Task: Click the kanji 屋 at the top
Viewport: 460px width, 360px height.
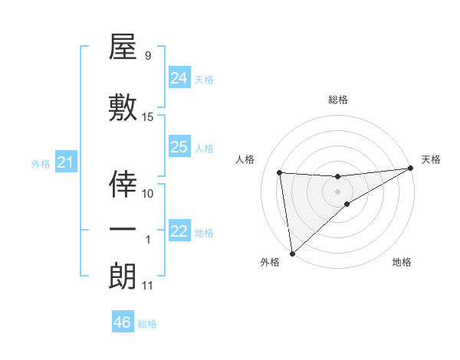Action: coord(123,49)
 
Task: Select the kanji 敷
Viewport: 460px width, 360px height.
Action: coord(123,107)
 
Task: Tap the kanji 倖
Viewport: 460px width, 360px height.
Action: coord(123,184)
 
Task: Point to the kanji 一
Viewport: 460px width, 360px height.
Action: coord(123,231)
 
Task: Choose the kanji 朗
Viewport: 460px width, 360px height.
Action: coord(123,277)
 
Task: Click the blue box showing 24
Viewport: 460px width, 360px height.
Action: coord(179,78)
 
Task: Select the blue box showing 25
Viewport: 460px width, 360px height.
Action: coord(179,148)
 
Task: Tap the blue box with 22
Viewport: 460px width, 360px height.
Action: coord(179,231)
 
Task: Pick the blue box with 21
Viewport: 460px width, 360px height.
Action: coord(65,162)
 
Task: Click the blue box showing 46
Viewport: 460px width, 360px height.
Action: coord(122,322)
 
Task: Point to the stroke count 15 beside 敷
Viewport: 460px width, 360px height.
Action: coord(148,117)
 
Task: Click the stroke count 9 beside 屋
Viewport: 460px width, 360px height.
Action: coord(148,55)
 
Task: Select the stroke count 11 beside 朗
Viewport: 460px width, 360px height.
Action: coord(148,286)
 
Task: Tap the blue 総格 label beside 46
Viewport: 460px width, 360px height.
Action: coord(147,324)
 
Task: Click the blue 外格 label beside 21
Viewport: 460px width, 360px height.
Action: coord(41,163)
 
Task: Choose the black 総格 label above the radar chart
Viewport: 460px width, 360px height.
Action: coord(338,100)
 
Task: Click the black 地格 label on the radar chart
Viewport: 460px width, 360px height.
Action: coord(402,262)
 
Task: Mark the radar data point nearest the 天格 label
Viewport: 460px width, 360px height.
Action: coord(411,169)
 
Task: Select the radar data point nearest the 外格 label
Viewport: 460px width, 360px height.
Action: coord(292,253)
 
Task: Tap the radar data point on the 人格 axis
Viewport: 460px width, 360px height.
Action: coord(279,172)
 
